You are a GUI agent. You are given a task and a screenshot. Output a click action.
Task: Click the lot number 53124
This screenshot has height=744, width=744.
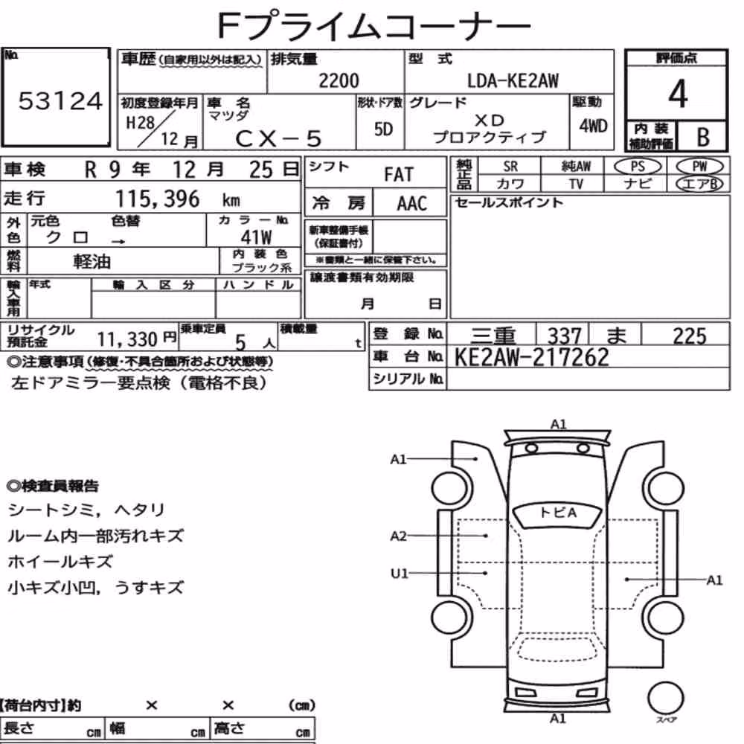pyautogui.click(x=60, y=100)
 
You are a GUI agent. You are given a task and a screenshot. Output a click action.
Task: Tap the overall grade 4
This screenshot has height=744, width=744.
pyautogui.click(x=678, y=94)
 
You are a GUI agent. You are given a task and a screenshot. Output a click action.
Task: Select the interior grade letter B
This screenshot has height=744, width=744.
pyautogui.click(x=703, y=137)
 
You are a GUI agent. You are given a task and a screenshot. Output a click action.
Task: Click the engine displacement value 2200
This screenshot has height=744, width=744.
pyautogui.click(x=339, y=80)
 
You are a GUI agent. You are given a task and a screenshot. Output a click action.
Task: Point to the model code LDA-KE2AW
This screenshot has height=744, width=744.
pyautogui.click(x=513, y=80)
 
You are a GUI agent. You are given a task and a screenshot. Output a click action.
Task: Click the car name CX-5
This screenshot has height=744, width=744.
pyautogui.click(x=278, y=138)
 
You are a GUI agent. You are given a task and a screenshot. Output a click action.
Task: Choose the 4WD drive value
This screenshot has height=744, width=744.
pyautogui.click(x=593, y=126)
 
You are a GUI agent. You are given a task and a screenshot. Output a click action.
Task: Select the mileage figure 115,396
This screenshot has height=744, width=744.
pyautogui.click(x=158, y=199)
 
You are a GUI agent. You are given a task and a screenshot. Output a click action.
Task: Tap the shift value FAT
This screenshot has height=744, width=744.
pyautogui.click(x=399, y=175)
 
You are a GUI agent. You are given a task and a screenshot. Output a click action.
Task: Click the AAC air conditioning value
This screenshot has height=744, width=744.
pyautogui.click(x=412, y=204)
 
